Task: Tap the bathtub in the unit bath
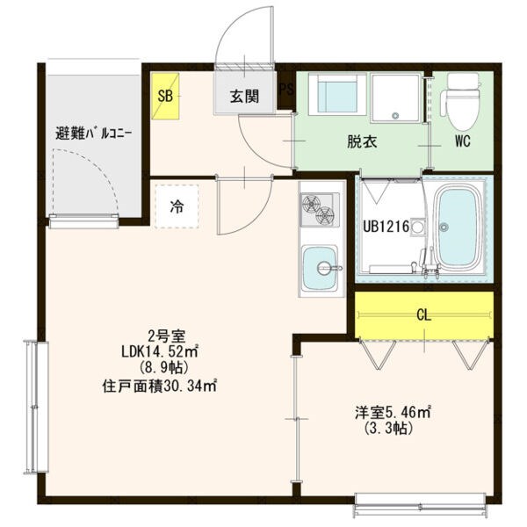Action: click(x=457, y=229)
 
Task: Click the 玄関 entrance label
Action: click(x=245, y=97)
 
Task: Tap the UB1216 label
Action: click(x=386, y=227)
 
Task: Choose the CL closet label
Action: click(x=423, y=314)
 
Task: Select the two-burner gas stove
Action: click(x=319, y=209)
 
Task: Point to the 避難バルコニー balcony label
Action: click(x=94, y=134)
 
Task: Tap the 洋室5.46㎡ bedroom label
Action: click(x=393, y=411)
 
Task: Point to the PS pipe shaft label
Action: click(x=286, y=89)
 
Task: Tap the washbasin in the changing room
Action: click(x=333, y=94)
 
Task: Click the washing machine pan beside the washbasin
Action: click(x=395, y=97)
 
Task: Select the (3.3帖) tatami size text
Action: click(x=389, y=429)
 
